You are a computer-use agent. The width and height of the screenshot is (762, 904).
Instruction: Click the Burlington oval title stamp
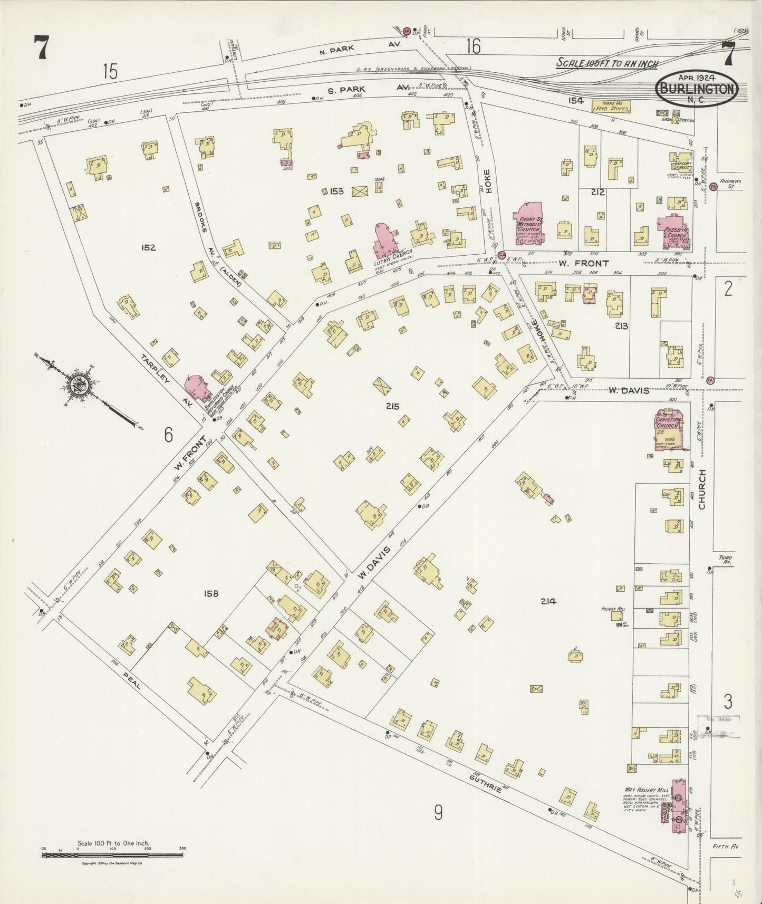[696, 89]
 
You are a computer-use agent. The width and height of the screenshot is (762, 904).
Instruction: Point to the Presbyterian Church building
[674, 232]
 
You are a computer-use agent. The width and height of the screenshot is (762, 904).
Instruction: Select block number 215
[392, 406]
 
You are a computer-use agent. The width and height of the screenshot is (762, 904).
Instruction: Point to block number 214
[548, 601]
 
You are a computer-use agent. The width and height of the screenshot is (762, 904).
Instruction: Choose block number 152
[149, 247]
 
